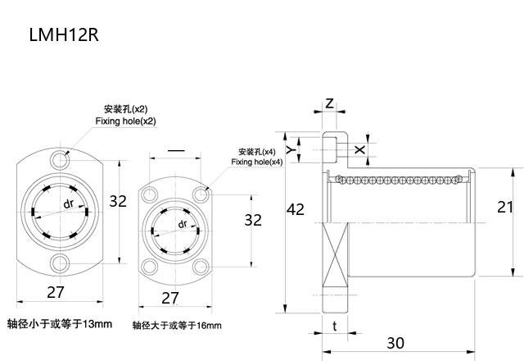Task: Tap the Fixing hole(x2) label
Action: click(125, 121)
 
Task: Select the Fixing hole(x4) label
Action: click(256, 162)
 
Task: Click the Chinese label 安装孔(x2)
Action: click(125, 109)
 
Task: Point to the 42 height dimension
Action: click(296, 210)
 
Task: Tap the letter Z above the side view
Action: click(329, 103)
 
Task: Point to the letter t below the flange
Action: click(336, 326)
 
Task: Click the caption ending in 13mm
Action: click(59, 323)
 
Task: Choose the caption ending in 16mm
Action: click(177, 326)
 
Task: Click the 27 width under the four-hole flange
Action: click(169, 297)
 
